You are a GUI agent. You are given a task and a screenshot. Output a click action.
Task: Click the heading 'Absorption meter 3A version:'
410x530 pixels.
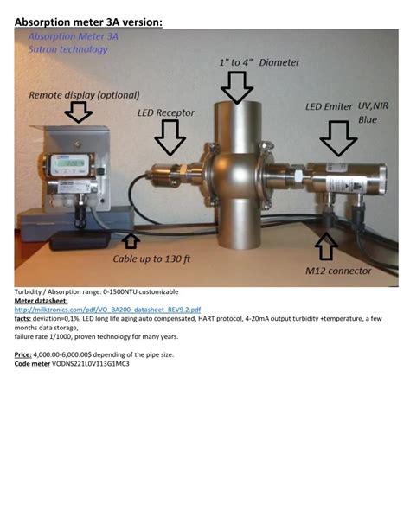88,21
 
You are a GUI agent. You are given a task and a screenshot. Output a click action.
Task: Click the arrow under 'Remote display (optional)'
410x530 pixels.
79,112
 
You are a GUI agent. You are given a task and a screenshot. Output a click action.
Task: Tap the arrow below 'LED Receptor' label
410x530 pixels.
170,137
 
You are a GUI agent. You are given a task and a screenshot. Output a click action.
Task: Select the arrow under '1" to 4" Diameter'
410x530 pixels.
236,86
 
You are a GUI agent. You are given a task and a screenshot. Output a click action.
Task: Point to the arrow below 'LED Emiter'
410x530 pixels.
337,137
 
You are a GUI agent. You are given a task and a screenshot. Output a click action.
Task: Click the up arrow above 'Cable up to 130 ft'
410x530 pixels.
131,240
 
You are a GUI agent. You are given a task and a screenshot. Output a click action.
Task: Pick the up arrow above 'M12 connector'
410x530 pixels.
326,246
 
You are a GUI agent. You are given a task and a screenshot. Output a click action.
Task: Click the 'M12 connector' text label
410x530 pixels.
339,271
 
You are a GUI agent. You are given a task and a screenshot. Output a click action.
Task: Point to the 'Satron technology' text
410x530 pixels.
67,50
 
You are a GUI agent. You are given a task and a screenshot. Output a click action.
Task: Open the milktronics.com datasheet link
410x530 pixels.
107,309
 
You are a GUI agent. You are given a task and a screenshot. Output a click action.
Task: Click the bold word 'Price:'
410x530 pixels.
23,356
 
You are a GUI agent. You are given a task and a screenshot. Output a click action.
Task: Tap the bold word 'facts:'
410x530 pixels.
23,317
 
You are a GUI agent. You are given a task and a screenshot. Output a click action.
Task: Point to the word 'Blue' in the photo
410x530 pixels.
368,119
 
